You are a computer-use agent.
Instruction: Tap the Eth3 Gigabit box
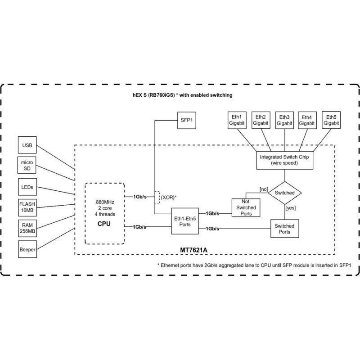coord(284,119)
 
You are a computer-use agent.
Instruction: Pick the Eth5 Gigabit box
coord(331,119)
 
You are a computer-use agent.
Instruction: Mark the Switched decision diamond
coord(284,193)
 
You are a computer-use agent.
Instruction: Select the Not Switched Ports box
coord(246,207)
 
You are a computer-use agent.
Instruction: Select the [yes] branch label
coord(290,208)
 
